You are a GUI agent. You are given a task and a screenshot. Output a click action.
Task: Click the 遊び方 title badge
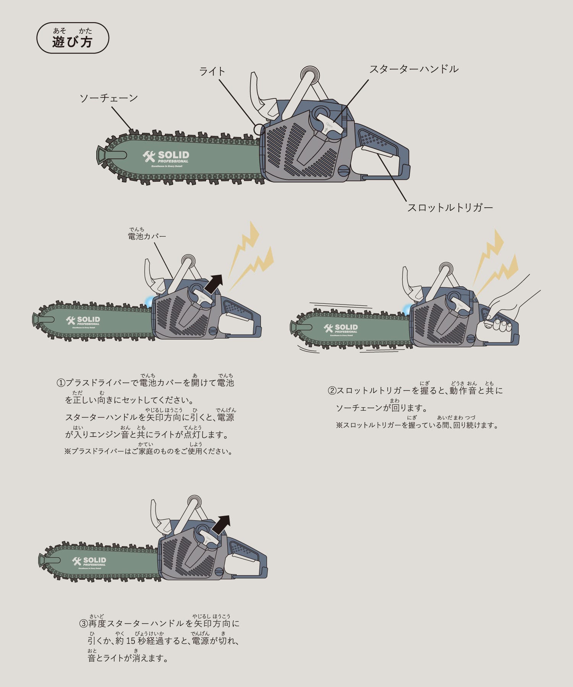73,38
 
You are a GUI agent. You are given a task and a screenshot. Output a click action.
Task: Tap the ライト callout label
212,71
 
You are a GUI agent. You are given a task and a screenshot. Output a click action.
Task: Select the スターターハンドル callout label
414,69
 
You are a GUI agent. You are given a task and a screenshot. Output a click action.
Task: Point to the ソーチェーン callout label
108,98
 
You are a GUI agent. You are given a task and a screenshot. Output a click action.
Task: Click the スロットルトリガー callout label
450,208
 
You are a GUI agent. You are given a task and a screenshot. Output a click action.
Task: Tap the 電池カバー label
147,236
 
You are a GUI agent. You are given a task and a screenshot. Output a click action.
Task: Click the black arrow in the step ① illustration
214,283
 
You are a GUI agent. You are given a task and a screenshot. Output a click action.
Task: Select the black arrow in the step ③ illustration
221,525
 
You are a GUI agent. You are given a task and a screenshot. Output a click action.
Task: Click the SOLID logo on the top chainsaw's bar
166,156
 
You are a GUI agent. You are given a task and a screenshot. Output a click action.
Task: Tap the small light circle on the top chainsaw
259,129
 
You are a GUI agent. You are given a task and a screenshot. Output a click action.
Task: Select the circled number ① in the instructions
61,382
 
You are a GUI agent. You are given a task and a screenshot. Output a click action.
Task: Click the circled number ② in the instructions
332,390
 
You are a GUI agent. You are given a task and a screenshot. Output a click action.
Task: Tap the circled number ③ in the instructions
83,623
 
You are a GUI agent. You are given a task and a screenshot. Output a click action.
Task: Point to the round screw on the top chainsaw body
345,169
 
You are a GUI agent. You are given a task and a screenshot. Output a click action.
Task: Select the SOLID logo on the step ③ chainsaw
89,561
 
